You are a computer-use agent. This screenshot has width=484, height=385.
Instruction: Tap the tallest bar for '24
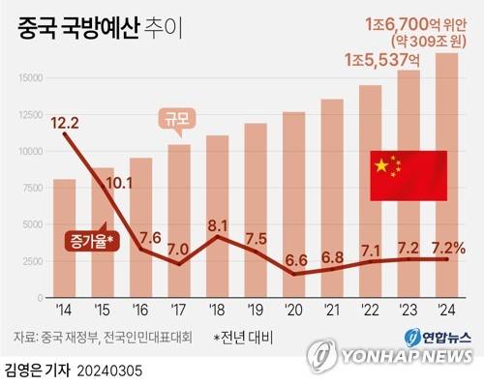click(x=447, y=174)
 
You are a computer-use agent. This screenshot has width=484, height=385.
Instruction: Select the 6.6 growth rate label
click(x=296, y=260)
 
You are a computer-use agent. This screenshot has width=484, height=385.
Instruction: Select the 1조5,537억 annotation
click(x=382, y=60)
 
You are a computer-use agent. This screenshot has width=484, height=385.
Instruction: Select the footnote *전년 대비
click(x=244, y=337)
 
